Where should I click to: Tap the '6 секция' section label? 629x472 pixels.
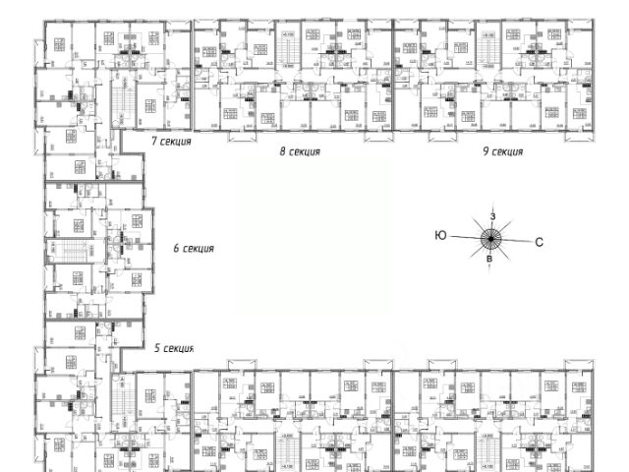(193, 249)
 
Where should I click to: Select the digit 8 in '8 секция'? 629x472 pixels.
(282, 152)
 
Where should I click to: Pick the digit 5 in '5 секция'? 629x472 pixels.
(157, 348)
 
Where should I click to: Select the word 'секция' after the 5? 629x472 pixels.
(179, 348)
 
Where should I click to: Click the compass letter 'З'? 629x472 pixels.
(492, 215)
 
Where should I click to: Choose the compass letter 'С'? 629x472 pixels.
(539, 239)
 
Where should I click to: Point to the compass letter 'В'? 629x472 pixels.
(490, 259)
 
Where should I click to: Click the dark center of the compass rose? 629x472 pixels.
(490, 237)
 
